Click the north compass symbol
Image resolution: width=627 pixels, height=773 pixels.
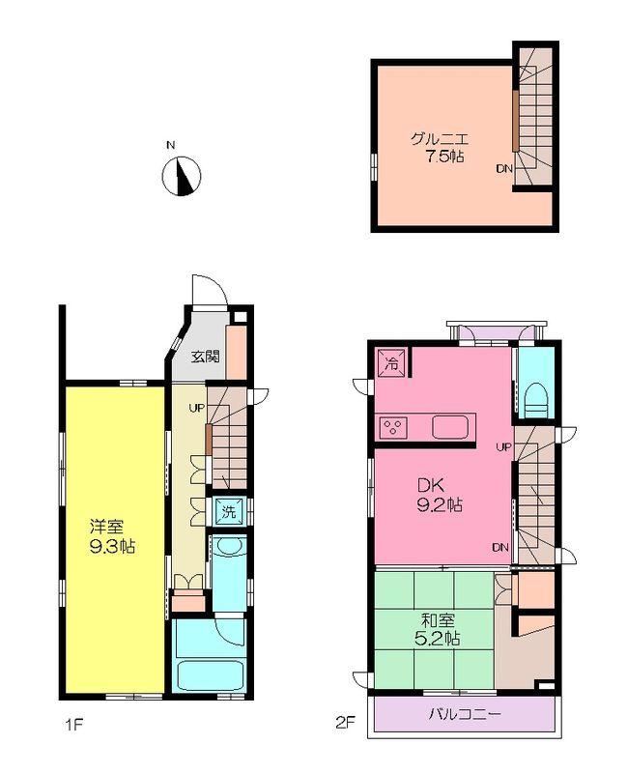tap(181, 176)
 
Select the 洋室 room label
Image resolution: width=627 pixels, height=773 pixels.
tap(106, 528)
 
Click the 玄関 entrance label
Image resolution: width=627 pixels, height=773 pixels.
tap(204, 356)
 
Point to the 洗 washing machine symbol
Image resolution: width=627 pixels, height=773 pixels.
tap(228, 511)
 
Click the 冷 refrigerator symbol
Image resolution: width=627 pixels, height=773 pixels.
tap(391, 363)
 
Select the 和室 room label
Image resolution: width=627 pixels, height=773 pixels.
tap(437, 619)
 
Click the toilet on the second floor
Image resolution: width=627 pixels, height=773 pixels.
tap(536, 399)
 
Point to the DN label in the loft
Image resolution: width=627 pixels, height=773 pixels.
tap(503, 169)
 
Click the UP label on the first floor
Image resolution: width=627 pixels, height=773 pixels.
tap(196, 408)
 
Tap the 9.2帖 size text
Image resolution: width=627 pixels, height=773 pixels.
tap(440, 504)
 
